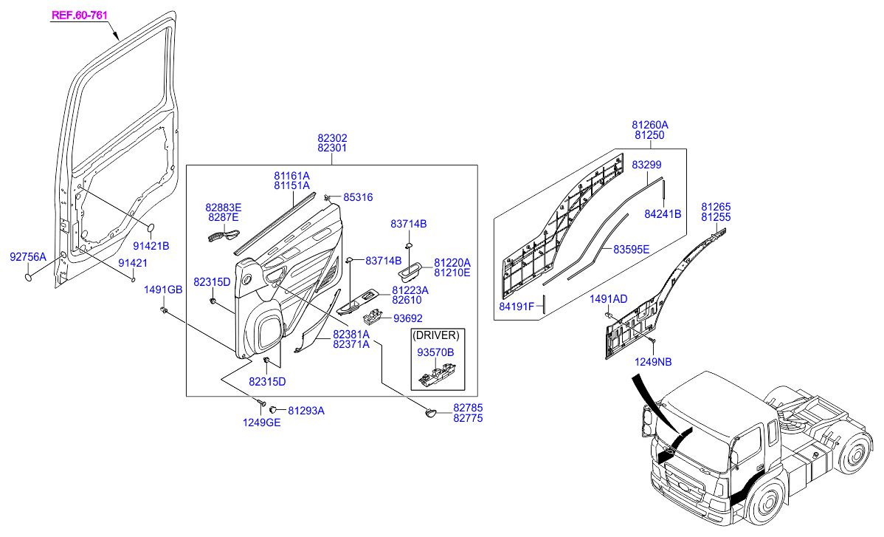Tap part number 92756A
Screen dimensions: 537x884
click(28, 257)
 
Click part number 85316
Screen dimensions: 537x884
click(358, 197)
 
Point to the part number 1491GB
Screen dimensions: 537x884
click(163, 289)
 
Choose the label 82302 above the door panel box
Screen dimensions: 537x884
click(332, 138)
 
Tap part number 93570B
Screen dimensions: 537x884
click(435, 352)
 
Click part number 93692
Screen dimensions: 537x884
click(407, 318)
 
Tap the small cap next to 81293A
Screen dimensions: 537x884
click(273, 408)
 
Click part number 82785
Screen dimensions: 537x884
click(468, 407)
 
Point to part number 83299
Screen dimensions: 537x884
click(646, 165)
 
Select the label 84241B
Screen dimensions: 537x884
click(663, 214)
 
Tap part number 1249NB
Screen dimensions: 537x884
click(654, 361)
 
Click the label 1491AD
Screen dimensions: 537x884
click(609, 298)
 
